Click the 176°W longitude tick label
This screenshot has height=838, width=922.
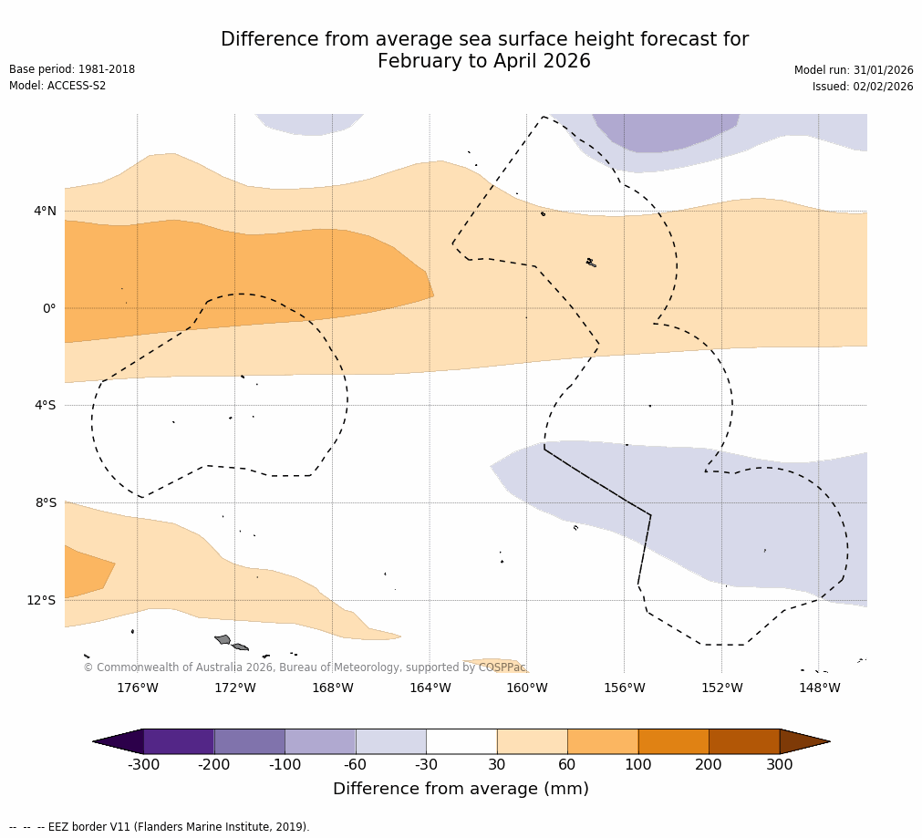[x=137, y=688]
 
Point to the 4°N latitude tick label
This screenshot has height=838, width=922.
[x=45, y=212]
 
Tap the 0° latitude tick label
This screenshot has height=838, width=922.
[x=49, y=308]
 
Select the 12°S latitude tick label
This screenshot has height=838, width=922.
[x=41, y=600]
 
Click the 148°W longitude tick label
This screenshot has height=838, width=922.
[x=819, y=688]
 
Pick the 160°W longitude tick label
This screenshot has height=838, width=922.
[x=527, y=688]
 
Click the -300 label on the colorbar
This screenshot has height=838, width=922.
[x=144, y=765]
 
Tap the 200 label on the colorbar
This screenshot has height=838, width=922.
[x=709, y=765]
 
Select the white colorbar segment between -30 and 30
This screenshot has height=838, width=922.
[x=461, y=741]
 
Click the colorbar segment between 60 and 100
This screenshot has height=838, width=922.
[x=603, y=741]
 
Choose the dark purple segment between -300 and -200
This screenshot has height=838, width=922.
[x=179, y=741]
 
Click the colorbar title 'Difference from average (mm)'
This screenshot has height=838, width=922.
[x=461, y=789]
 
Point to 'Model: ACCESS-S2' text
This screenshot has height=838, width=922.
[x=57, y=86]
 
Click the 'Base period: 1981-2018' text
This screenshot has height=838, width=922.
[x=72, y=69]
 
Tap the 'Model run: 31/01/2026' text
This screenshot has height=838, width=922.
[x=854, y=70]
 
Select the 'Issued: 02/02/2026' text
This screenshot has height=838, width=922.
[x=863, y=87]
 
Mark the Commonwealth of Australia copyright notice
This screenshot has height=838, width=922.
[x=305, y=667]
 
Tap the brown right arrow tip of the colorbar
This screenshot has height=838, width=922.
[x=808, y=741]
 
